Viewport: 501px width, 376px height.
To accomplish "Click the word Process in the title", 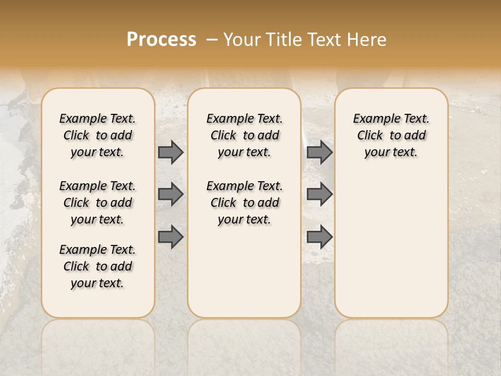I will point(161,40).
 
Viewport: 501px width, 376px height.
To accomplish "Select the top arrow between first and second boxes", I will point(171,152).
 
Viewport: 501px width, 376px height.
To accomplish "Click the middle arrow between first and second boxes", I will point(171,194).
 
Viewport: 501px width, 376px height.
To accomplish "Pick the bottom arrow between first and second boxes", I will point(171,236).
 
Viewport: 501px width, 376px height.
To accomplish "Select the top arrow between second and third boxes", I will point(319,152).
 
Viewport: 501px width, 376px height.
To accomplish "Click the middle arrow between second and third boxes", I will point(319,194).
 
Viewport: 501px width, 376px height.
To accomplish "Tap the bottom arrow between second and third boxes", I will point(319,237).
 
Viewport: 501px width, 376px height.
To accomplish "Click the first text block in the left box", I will point(98,135).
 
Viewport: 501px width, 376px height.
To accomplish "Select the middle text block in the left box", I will point(98,203).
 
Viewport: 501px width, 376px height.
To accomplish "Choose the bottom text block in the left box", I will point(98,266).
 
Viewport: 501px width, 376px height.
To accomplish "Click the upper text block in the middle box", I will point(244,135).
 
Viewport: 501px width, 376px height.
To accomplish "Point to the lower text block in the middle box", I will point(244,203).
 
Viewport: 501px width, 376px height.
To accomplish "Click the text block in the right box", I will point(391,135).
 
